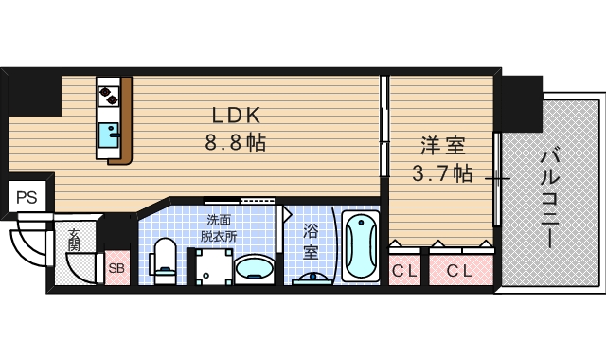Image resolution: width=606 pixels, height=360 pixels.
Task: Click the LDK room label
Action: coord(236,116)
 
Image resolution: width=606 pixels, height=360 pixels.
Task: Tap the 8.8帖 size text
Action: coord(236,144)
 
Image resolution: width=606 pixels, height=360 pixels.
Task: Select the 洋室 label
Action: coord(442,146)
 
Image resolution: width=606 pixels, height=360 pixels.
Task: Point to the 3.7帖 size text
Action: coord(442,173)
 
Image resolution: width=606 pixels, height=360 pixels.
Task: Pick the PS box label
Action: coord(27,198)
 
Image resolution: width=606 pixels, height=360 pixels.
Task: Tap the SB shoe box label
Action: coord(116,267)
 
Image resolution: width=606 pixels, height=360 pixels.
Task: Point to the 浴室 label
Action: coord(311,241)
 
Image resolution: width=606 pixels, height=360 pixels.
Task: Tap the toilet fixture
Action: coord(165,261)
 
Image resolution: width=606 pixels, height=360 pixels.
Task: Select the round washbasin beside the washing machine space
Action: coord(254,268)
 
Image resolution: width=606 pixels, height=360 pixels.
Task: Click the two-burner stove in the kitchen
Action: coord(109,95)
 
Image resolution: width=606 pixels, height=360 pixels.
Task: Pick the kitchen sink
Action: coord(111,134)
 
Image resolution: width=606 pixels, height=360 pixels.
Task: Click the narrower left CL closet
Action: coord(404,270)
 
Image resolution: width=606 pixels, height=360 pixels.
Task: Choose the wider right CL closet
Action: coord(459,270)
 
